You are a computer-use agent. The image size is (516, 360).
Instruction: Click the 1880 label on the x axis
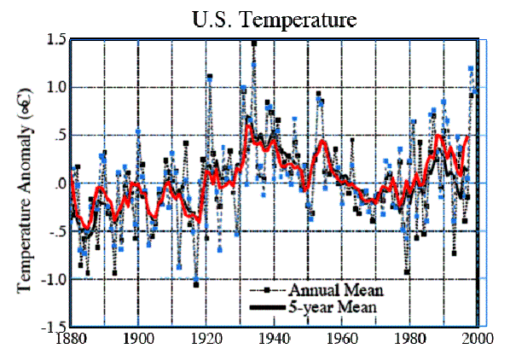coord(71,340)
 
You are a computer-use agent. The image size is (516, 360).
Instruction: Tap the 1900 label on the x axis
coord(138,340)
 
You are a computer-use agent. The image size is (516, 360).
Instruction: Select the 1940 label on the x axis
coord(274,340)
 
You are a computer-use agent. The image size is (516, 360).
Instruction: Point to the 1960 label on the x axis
coord(342,340)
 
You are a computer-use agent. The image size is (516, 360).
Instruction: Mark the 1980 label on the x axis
coord(409,340)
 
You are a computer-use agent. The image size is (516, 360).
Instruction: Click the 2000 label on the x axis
coord(477,340)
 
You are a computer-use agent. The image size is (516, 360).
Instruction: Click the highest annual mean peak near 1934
coord(254,43)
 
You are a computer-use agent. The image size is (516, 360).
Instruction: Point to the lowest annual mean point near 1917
coord(196,284)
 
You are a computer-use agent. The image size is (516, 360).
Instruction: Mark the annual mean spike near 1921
coord(210,77)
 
